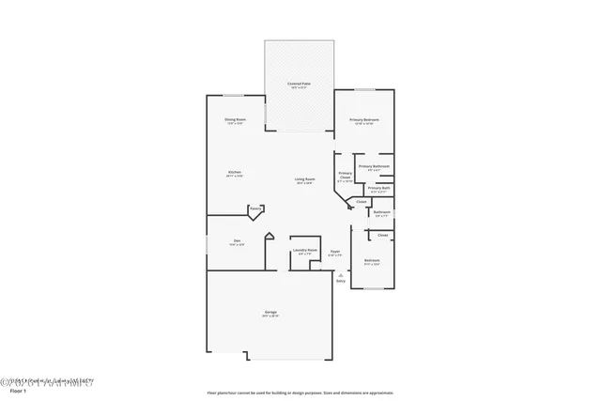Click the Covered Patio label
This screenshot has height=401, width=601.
300,85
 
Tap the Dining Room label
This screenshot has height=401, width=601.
235,119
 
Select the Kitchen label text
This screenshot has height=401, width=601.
235,173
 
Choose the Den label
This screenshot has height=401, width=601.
237,242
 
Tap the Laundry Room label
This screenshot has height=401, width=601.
302,250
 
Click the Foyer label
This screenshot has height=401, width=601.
334,251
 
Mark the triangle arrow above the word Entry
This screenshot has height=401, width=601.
340,274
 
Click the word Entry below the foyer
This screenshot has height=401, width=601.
341,281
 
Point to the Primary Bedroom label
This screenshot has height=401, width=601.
364,119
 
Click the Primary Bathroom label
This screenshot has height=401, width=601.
374,166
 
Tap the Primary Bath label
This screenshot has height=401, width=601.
378,188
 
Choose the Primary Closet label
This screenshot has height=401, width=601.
345,175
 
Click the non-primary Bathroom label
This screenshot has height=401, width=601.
381,211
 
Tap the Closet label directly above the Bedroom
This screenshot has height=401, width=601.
383,235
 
